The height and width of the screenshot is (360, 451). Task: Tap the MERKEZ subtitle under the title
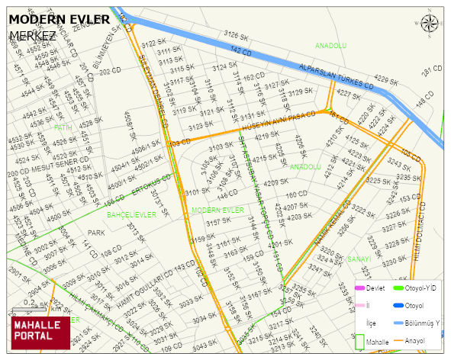click(34, 36)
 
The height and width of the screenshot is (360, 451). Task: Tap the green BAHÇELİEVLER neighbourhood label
click(131, 215)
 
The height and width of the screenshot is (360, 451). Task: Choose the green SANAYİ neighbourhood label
click(359, 259)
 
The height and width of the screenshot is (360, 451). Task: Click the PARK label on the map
click(96, 233)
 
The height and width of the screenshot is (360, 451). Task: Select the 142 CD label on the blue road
click(240, 50)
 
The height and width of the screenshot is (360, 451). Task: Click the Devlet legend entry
click(374, 288)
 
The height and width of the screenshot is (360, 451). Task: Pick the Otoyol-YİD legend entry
click(420, 288)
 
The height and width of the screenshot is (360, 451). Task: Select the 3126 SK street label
click(237, 35)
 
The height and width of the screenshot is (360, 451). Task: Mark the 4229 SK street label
click(387, 80)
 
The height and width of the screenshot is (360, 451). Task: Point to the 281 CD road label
click(433, 70)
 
